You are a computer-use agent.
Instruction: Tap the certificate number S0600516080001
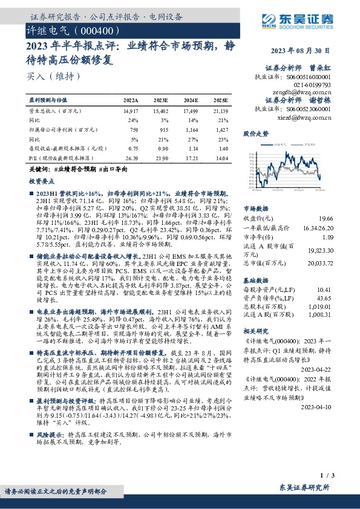point(309,77)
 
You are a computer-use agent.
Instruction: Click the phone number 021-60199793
point(313,85)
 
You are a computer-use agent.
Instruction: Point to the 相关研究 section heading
point(255,331)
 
